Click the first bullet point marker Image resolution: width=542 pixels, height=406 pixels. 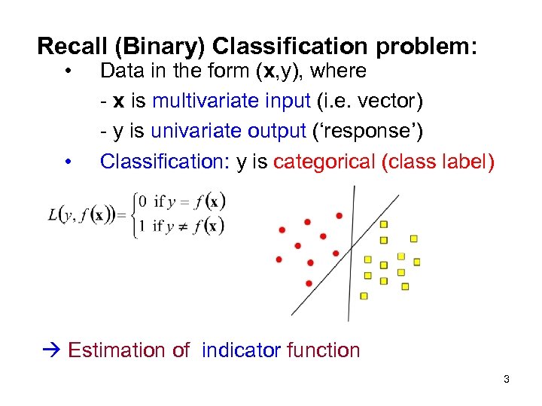point(69,72)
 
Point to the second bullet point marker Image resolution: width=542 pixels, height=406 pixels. point(69,162)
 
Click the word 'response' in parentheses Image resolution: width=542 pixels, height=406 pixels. point(367,131)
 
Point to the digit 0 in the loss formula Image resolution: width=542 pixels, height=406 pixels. point(140,202)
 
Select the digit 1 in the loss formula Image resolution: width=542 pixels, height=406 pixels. point(140,225)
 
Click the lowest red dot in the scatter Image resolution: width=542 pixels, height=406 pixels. point(309,283)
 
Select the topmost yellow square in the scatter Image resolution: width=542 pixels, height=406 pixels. point(383,224)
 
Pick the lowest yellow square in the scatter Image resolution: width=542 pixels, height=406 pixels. point(364,295)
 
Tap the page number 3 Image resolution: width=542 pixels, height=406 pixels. point(506,380)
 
